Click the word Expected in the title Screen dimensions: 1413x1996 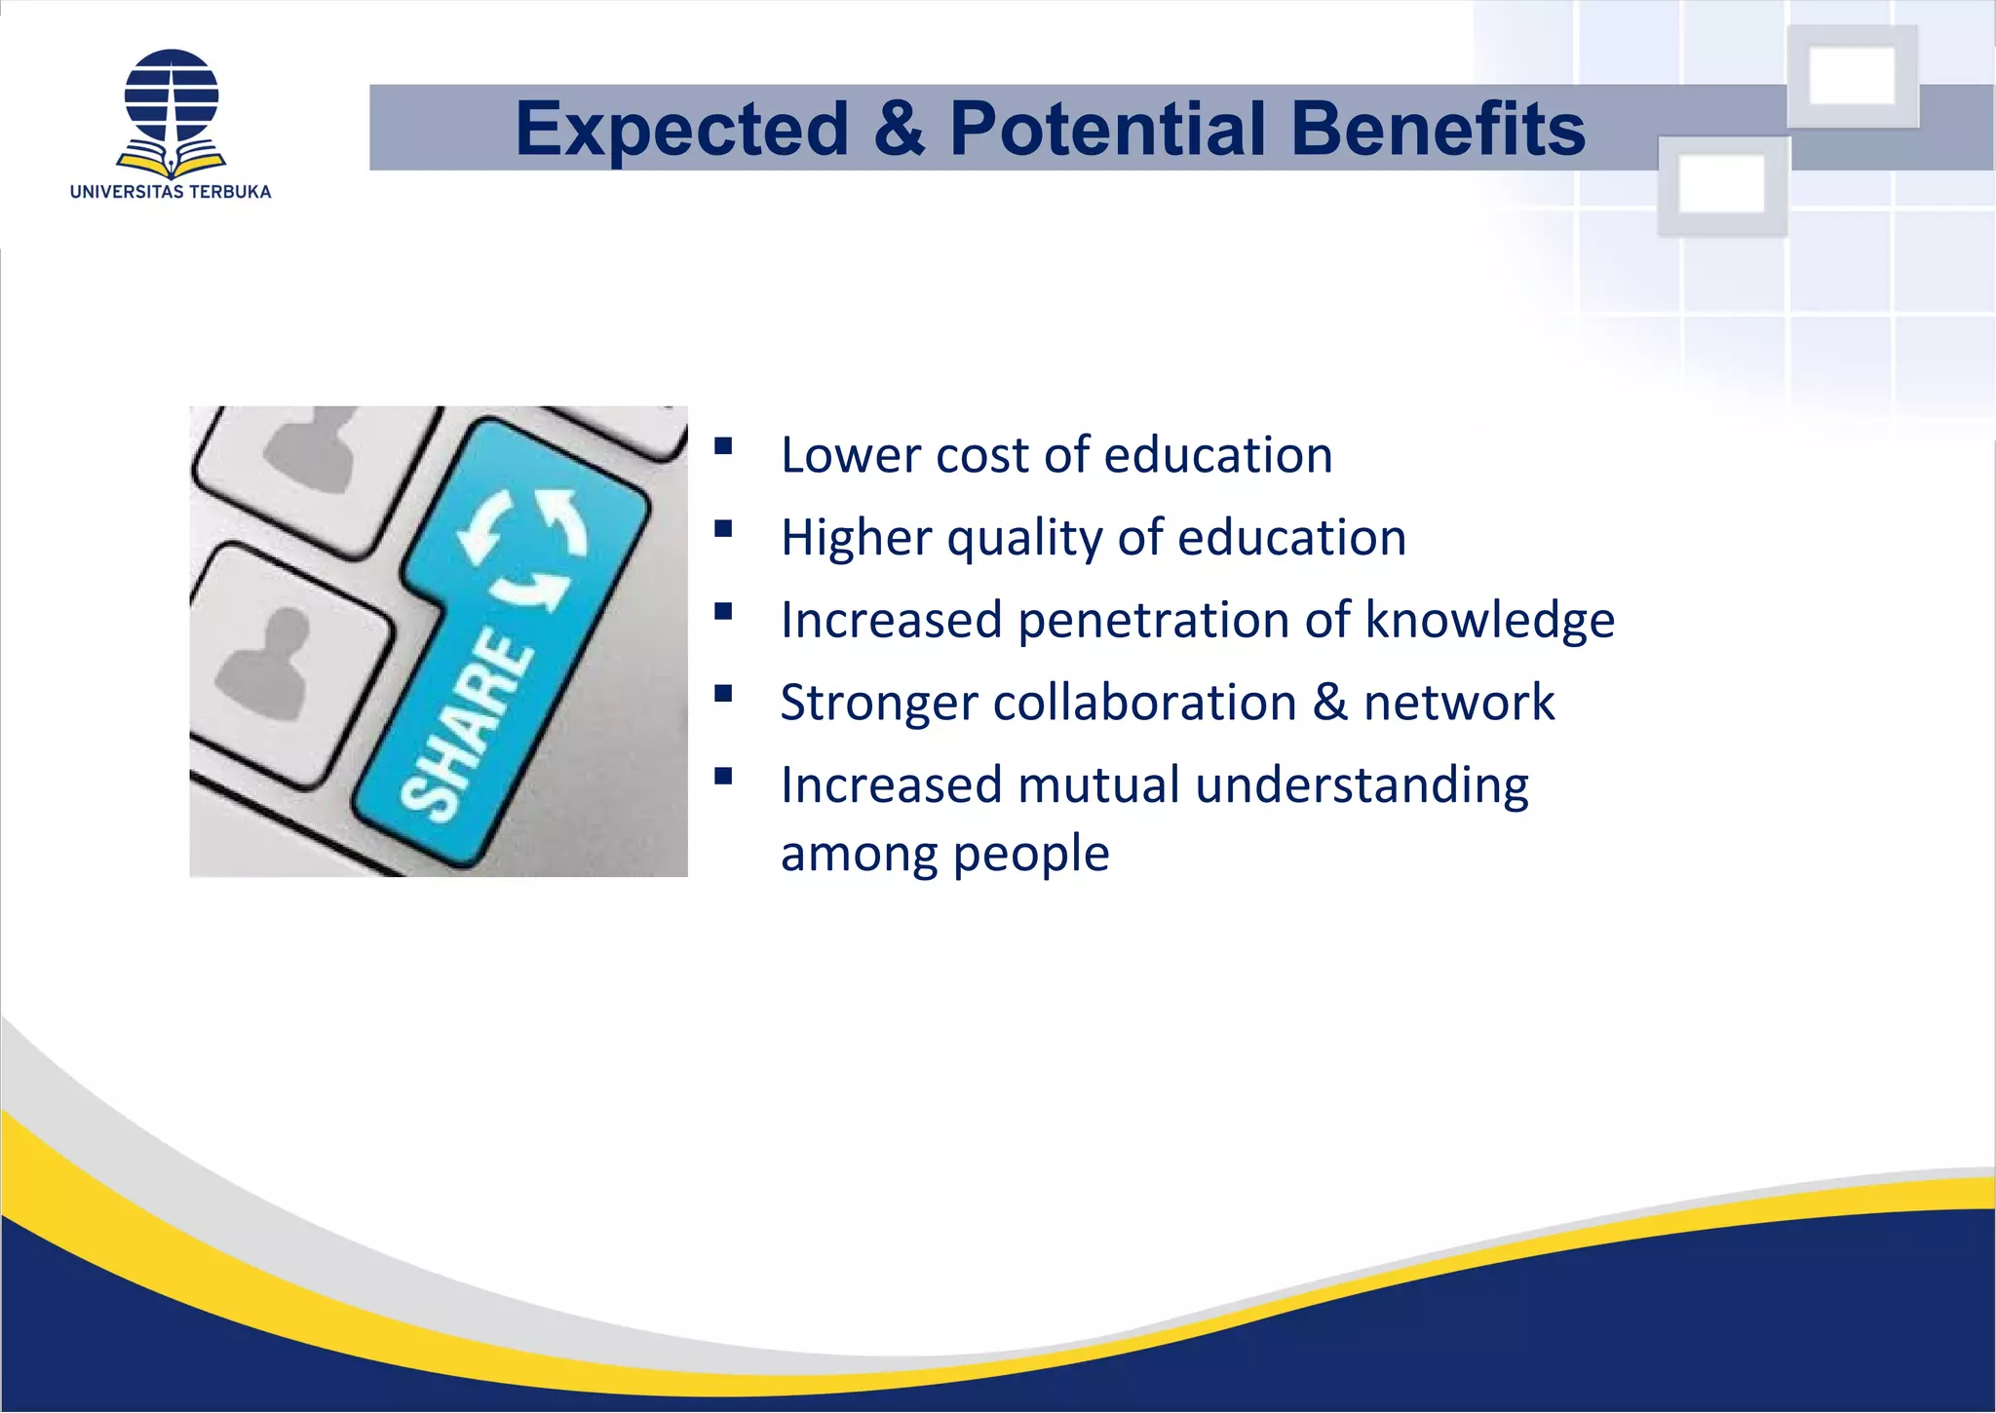[x=682, y=130]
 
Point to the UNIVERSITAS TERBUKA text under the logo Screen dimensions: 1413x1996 [x=171, y=192]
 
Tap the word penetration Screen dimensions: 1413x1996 [x=1153, y=621]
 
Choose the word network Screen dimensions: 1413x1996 [x=1458, y=704]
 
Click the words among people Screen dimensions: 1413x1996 [x=944, y=854]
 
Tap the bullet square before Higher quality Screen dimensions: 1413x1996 [x=723, y=529]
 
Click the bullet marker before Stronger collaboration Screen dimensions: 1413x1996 [x=723, y=694]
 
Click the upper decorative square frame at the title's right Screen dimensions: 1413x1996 [x=1852, y=76]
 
